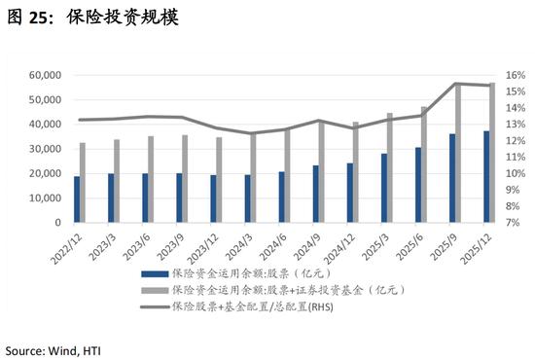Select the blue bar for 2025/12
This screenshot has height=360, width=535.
pos(487,177)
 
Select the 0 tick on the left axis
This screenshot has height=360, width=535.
pos(59,223)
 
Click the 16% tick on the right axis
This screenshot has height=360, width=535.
pos(516,75)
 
